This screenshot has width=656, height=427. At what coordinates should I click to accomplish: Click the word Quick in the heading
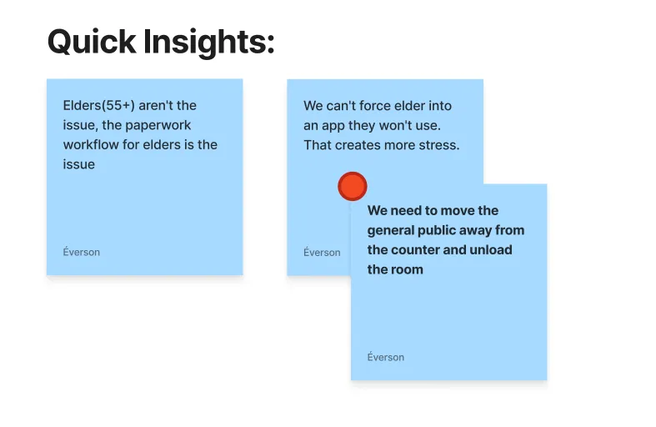pos(92,42)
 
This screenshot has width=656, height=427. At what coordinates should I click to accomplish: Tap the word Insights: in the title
pos(209,43)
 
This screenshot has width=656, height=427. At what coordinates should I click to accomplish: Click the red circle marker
pos(353,186)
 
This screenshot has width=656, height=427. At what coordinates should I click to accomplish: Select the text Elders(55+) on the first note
pos(98,105)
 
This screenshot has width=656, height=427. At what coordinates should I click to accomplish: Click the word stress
pos(439,145)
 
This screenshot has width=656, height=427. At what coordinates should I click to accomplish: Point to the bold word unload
pos(491,249)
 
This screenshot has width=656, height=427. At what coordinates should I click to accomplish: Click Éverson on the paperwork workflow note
pos(81,252)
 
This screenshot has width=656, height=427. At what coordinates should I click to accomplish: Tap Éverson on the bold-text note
pos(386,357)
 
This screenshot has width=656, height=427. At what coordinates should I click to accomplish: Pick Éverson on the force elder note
pos(322,253)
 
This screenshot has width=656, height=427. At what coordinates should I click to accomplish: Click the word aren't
pos(156,105)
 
